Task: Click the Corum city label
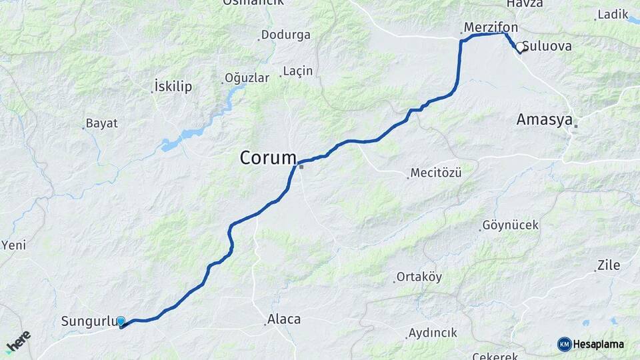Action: (x=268, y=159)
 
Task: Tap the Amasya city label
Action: (x=544, y=120)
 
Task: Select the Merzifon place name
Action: (x=490, y=27)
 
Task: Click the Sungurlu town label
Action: (x=89, y=321)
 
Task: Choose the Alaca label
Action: (x=284, y=319)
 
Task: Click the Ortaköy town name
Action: (x=419, y=277)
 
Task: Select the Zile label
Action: (x=609, y=265)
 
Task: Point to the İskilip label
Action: (x=173, y=87)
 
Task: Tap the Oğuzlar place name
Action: (x=247, y=78)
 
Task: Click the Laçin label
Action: (x=297, y=71)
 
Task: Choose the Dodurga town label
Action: (x=285, y=35)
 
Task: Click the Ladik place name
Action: (x=613, y=14)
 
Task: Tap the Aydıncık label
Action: (x=432, y=332)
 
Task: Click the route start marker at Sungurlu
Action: (x=121, y=321)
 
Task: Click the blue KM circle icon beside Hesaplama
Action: (x=564, y=344)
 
